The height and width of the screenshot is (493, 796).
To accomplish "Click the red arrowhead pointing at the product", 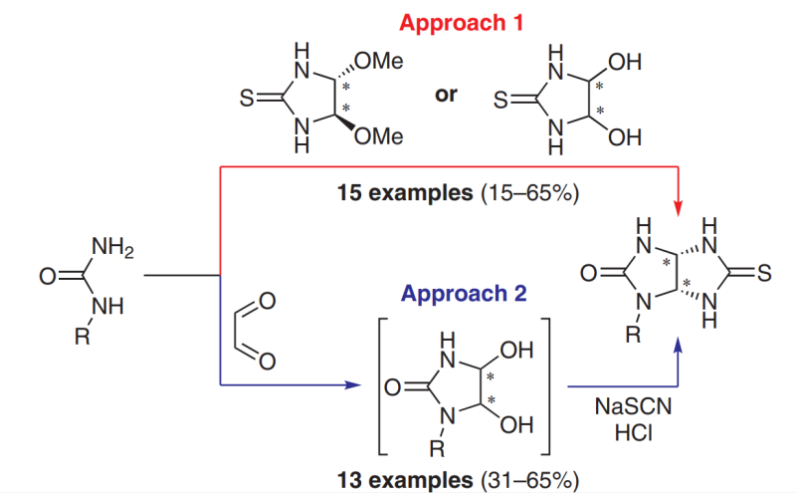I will pos(680,208).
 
